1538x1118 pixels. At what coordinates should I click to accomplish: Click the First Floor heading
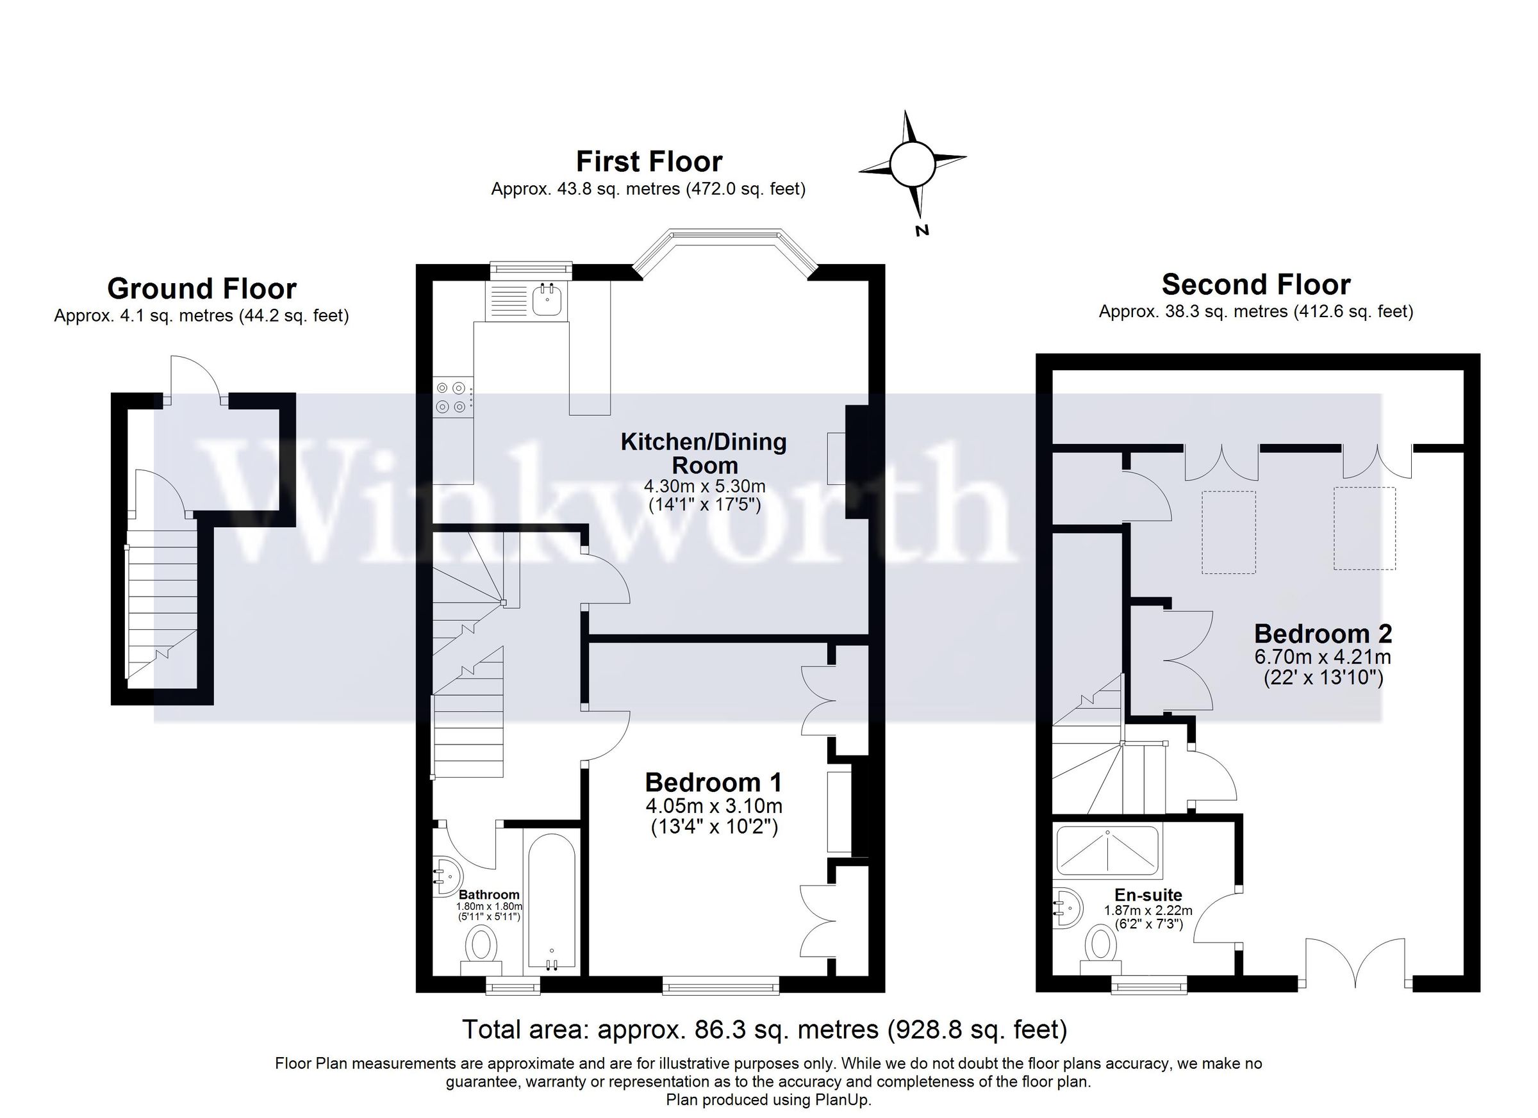click(x=649, y=162)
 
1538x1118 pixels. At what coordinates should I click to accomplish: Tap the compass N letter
click(x=921, y=231)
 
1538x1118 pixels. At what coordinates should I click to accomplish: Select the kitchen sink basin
click(x=547, y=300)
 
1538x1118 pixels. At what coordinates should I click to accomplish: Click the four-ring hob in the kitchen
click(x=451, y=397)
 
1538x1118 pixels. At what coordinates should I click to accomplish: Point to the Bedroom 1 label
click(x=713, y=782)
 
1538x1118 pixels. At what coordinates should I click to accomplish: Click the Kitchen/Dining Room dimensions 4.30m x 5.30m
click(x=704, y=486)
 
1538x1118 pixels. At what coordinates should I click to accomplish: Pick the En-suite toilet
click(x=1100, y=948)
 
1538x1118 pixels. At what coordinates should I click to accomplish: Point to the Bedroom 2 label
click(x=1322, y=634)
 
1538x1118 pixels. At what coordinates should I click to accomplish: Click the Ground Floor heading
click(x=201, y=289)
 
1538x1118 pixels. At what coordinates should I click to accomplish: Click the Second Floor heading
click(x=1255, y=284)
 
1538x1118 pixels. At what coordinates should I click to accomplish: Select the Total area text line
click(x=765, y=1030)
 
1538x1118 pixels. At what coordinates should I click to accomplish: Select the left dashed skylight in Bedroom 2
click(x=1228, y=532)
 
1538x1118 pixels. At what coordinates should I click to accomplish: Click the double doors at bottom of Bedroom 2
click(x=1355, y=964)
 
